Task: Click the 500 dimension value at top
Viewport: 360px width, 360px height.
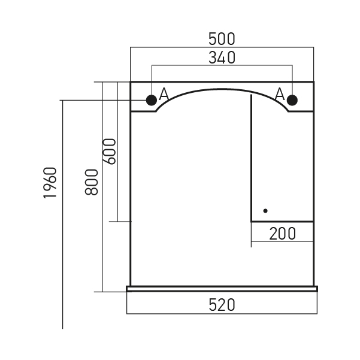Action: (222, 39)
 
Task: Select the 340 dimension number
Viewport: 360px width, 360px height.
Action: (222, 58)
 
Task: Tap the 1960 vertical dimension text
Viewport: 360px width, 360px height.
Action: (50, 183)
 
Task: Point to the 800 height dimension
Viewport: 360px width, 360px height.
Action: (92, 182)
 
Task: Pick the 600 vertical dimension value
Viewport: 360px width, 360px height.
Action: (109, 152)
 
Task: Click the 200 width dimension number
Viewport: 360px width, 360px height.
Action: (282, 234)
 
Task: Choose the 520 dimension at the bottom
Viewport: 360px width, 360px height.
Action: (222, 305)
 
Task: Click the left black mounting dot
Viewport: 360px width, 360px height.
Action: (152, 100)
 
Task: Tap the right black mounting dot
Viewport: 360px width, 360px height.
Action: (292, 100)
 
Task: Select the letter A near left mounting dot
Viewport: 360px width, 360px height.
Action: (164, 93)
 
